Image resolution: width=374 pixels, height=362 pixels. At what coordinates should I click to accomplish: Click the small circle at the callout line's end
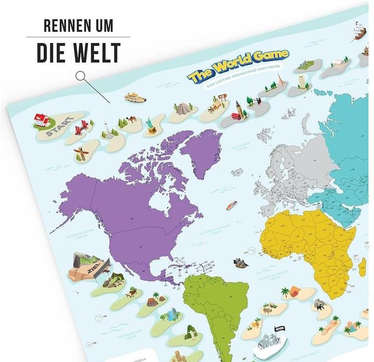pyautogui.click(x=81, y=76)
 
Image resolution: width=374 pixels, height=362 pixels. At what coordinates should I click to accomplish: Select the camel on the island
pyautogui.click(x=131, y=120)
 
